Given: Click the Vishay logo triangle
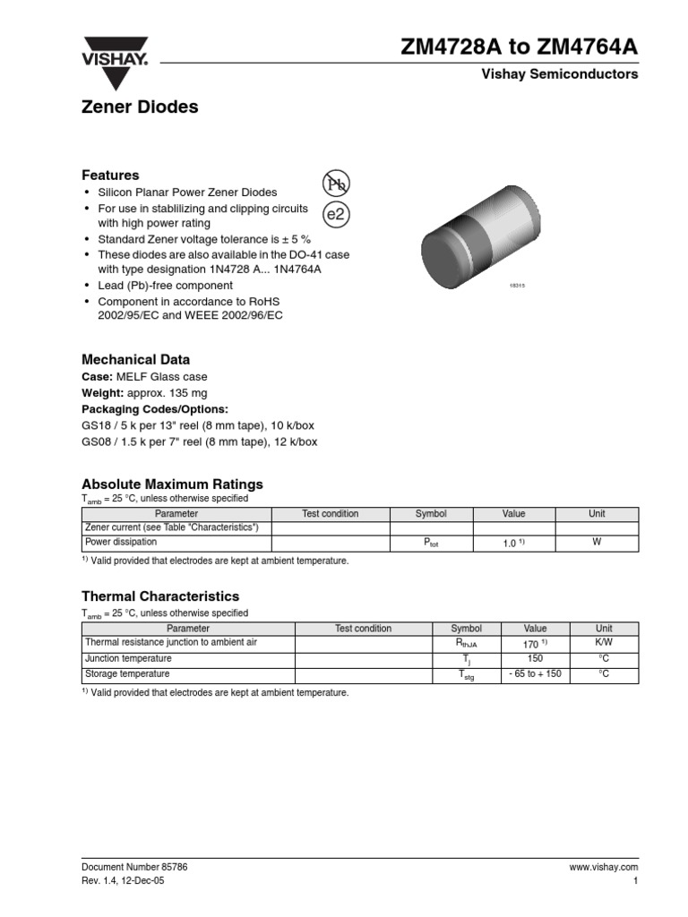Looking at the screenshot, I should (x=116, y=64).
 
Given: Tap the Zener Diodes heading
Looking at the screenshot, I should (x=140, y=107).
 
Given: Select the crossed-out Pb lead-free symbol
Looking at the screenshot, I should (x=335, y=184).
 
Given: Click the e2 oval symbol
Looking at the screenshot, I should (x=335, y=215).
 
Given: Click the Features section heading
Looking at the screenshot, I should (x=110, y=176).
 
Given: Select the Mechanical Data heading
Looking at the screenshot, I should (x=135, y=360).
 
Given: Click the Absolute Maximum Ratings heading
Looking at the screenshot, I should (x=172, y=484).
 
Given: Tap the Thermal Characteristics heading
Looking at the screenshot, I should (x=160, y=596).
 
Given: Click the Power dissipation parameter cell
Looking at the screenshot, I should (x=121, y=543).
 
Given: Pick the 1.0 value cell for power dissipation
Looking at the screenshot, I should (x=513, y=544).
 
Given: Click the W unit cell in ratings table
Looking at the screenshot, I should (x=597, y=542).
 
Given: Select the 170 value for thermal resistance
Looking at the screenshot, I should (x=535, y=644).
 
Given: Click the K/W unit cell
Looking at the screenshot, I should (x=604, y=643).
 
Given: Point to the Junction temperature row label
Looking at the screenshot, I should (x=127, y=658).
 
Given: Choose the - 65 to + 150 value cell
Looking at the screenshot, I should (x=535, y=674).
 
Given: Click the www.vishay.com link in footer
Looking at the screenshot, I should (x=603, y=868).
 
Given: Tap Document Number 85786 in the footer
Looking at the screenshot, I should (x=134, y=868).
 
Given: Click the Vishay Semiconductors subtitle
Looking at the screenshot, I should (x=560, y=74).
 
